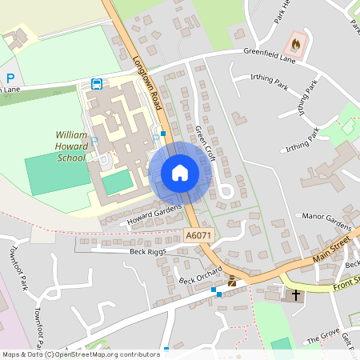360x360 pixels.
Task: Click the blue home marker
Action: click(179, 173)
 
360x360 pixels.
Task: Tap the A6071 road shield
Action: click(198, 235)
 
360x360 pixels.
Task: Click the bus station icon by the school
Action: click(97, 83)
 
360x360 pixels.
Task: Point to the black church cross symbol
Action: click(296, 295)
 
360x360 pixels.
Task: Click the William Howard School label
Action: click(70, 147)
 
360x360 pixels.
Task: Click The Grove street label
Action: click(323, 339)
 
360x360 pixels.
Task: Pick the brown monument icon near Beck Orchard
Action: click(232, 281)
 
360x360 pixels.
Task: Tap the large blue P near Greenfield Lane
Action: click(10, 78)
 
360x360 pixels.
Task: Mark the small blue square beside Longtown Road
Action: click(163, 133)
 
